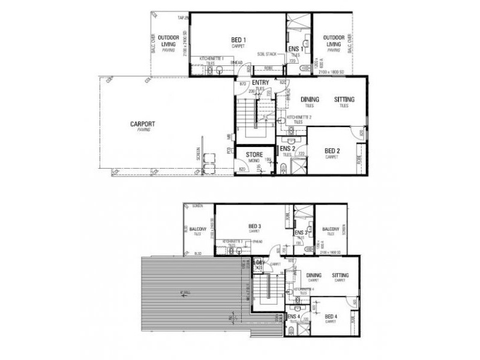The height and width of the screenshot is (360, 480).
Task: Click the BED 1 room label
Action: (x=238, y=40)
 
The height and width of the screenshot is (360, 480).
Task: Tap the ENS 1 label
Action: (x=293, y=49)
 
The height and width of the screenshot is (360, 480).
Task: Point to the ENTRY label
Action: (x=260, y=83)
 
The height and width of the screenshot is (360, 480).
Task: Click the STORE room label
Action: (x=253, y=155)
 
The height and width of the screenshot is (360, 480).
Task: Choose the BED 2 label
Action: (x=332, y=151)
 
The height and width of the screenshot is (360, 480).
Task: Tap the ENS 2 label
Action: (x=287, y=148)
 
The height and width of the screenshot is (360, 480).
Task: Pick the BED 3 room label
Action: (x=254, y=226)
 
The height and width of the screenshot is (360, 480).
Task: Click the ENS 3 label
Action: (x=301, y=232)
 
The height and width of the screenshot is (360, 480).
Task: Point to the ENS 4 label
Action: (x=293, y=316)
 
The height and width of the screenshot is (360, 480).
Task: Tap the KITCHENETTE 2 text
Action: (x=298, y=117)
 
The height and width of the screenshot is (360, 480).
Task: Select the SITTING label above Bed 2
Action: (x=344, y=99)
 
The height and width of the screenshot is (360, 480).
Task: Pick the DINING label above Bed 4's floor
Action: (x=314, y=275)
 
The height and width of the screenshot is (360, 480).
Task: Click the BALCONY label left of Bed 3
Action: (x=198, y=229)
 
